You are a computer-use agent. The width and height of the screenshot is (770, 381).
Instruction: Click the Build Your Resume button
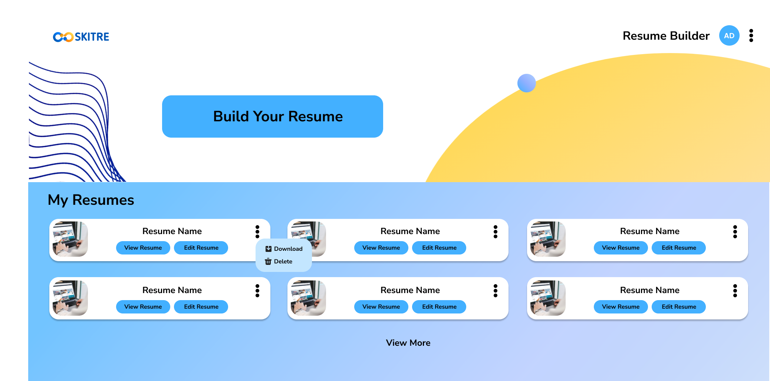273,116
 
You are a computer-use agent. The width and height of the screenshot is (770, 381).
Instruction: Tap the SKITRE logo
81,37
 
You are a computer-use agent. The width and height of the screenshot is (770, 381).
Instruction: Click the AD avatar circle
729,36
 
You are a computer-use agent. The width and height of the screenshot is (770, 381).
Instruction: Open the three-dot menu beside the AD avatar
751,36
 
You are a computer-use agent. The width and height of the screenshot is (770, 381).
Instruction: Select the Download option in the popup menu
284,249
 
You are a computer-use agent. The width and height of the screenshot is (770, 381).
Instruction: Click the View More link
408,343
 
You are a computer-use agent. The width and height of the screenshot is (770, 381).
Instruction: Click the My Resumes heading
91,200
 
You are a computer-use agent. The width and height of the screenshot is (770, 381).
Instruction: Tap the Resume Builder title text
666,36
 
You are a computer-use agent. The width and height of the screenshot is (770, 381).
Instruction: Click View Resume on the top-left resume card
143,248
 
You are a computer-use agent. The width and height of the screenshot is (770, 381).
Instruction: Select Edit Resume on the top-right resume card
678,248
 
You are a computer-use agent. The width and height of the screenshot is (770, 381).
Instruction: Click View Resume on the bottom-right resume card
621,307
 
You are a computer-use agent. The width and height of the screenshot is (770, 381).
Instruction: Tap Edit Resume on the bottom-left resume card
201,307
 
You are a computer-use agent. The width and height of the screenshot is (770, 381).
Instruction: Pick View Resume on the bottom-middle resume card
381,307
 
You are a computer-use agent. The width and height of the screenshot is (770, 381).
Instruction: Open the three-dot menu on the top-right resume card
735,231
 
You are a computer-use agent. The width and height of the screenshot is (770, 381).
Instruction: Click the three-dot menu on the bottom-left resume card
257,290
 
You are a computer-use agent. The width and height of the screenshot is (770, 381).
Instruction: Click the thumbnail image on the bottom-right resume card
548,298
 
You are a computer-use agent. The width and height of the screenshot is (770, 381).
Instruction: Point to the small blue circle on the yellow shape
526,83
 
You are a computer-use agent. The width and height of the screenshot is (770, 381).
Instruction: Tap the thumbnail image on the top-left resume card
70,239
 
